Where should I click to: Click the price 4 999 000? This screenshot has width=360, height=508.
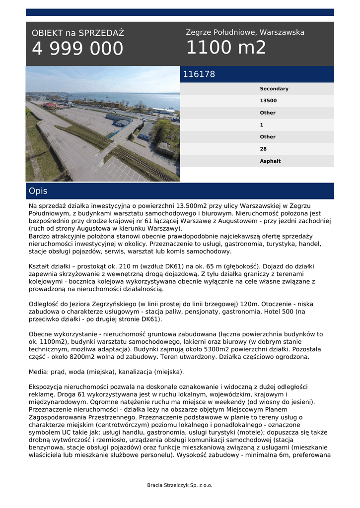pos(77,49)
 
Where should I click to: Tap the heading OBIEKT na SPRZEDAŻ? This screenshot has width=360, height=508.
pos(78,33)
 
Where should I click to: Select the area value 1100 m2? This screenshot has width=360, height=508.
pos(226,48)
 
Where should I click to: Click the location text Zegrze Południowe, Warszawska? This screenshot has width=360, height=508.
pos(245,32)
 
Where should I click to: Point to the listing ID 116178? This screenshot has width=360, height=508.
pos(199,74)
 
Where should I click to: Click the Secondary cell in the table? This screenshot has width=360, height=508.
pos(274,89)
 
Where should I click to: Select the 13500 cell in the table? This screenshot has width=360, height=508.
pos(268,101)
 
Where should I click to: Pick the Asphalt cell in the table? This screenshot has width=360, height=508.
pos(270,161)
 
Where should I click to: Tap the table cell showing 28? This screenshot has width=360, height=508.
pos(263,149)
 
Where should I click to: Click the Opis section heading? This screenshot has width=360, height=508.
pos(38,191)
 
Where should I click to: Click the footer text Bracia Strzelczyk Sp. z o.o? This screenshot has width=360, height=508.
pos(180,485)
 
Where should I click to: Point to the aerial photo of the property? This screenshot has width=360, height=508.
pos(103,124)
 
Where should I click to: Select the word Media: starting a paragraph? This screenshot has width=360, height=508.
pos(39,372)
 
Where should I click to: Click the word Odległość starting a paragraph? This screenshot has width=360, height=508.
pos(45,304)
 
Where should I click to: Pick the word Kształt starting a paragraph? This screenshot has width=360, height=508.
pos(41,266)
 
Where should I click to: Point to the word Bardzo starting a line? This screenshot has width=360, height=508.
pos(40,236)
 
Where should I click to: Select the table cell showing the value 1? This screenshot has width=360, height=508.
pos(262,125)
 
